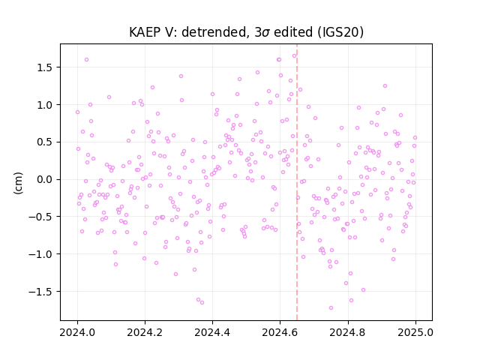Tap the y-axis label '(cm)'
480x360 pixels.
point(18,183)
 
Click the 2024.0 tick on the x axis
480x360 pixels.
point(77,332)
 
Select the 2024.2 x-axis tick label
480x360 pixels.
point(145,332)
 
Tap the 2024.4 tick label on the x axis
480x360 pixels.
point(212,332)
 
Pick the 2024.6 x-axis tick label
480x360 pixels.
point(280,332)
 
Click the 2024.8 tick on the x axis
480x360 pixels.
point(348,332)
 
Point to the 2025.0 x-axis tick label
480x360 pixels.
point(415,332)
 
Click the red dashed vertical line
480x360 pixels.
point(297,182)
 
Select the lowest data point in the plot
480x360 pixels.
point(331,308)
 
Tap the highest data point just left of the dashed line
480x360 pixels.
point(294,56)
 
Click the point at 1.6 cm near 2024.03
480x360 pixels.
point(87,60)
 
